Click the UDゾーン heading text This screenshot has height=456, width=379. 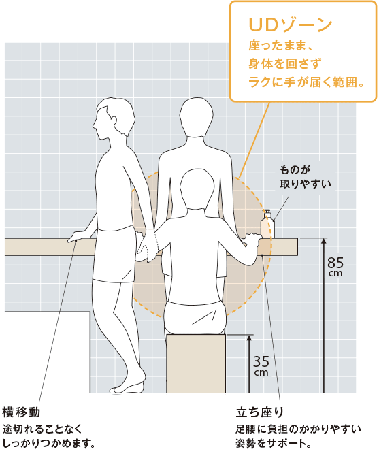click(291, 25)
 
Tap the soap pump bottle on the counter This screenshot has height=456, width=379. click(267, 224)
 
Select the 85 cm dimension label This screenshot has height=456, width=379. click(335, 266)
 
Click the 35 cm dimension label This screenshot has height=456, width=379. click(261, 365)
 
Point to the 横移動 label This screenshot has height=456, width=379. click(21, 412)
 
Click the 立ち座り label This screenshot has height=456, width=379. click(259, 412)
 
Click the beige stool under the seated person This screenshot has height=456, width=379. click(196, 363)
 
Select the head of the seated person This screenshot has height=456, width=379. click(197, 189)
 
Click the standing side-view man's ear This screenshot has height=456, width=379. click(114, 120)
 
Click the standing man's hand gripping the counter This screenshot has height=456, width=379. click(78, 236)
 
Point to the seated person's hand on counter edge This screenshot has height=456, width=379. click(252, 240)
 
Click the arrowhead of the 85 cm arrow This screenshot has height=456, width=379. click(324, 241)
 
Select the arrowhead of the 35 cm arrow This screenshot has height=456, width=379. click(249, 338)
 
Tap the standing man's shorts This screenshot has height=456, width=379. click(114, 255)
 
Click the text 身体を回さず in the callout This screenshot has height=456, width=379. click(285, 63)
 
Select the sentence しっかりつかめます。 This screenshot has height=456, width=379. click(49, 444)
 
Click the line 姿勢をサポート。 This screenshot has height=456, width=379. click(274, 444)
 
